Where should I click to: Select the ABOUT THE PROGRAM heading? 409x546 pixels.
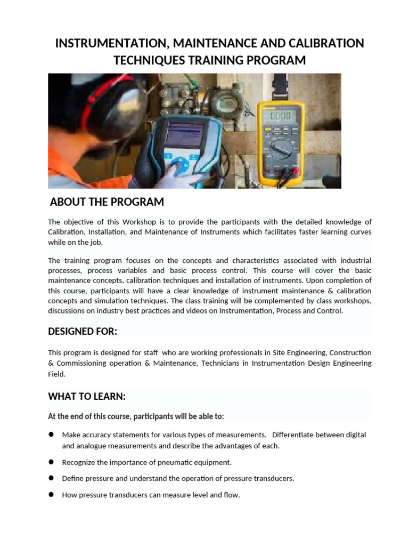[107, 202]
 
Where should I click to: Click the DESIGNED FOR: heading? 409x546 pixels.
[82, 332]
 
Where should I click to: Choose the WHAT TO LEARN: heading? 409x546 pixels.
[87, 397]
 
